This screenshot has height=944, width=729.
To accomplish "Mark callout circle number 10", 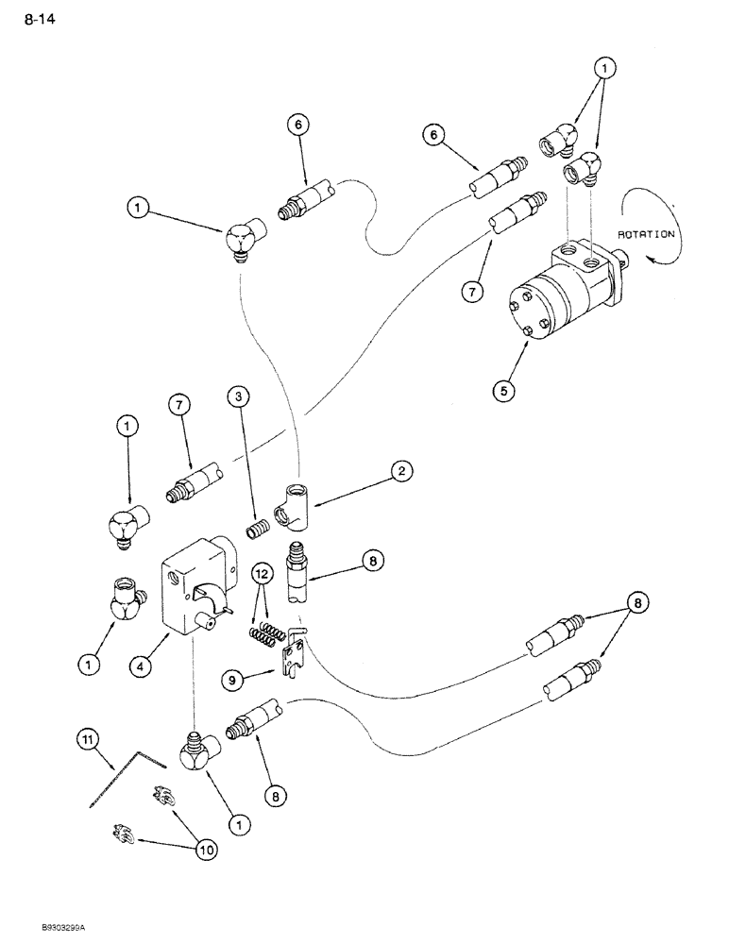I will tap(207, 850).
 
